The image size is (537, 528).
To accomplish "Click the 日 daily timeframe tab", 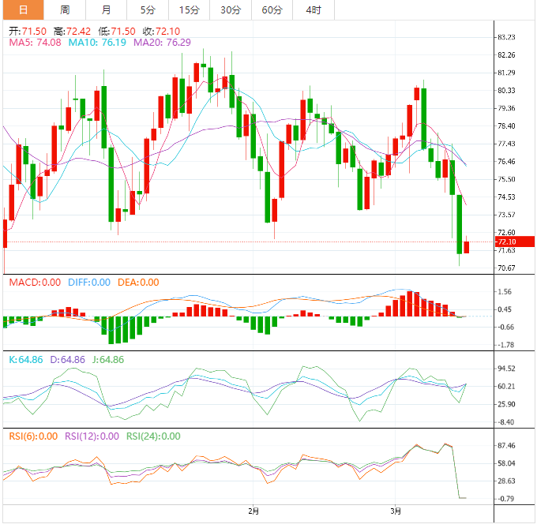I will pyautogui.click(x=23, y=9).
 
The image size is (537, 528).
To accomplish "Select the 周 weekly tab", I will pyautogui.click(x=65, y=9).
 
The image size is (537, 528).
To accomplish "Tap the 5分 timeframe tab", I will pyautogui.click(x=148, y=9).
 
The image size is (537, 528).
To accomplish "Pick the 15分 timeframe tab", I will pyautogui.click(x=189, y=9).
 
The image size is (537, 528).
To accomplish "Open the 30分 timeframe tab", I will pyautogui.click(x=231, y=9).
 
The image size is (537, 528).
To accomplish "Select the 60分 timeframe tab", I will pyautogui.click(x=272, y=9).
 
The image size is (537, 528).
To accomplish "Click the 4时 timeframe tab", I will pyautogui.click(x=313, y=9).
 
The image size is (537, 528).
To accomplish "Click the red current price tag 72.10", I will pyautogui.click(x=505, y=242).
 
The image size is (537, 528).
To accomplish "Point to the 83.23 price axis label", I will pyautogui.click(x=506, y=37).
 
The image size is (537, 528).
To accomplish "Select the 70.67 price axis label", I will pyautogui.click(x=506, y=268).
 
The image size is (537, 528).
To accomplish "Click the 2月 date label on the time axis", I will pyautogui.click(x=253, y=511).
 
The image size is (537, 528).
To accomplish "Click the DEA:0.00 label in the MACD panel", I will pyautogui.click(x=138, y=282).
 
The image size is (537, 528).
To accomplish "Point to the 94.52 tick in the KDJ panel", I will pyautogui.click(x=506, y=369).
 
